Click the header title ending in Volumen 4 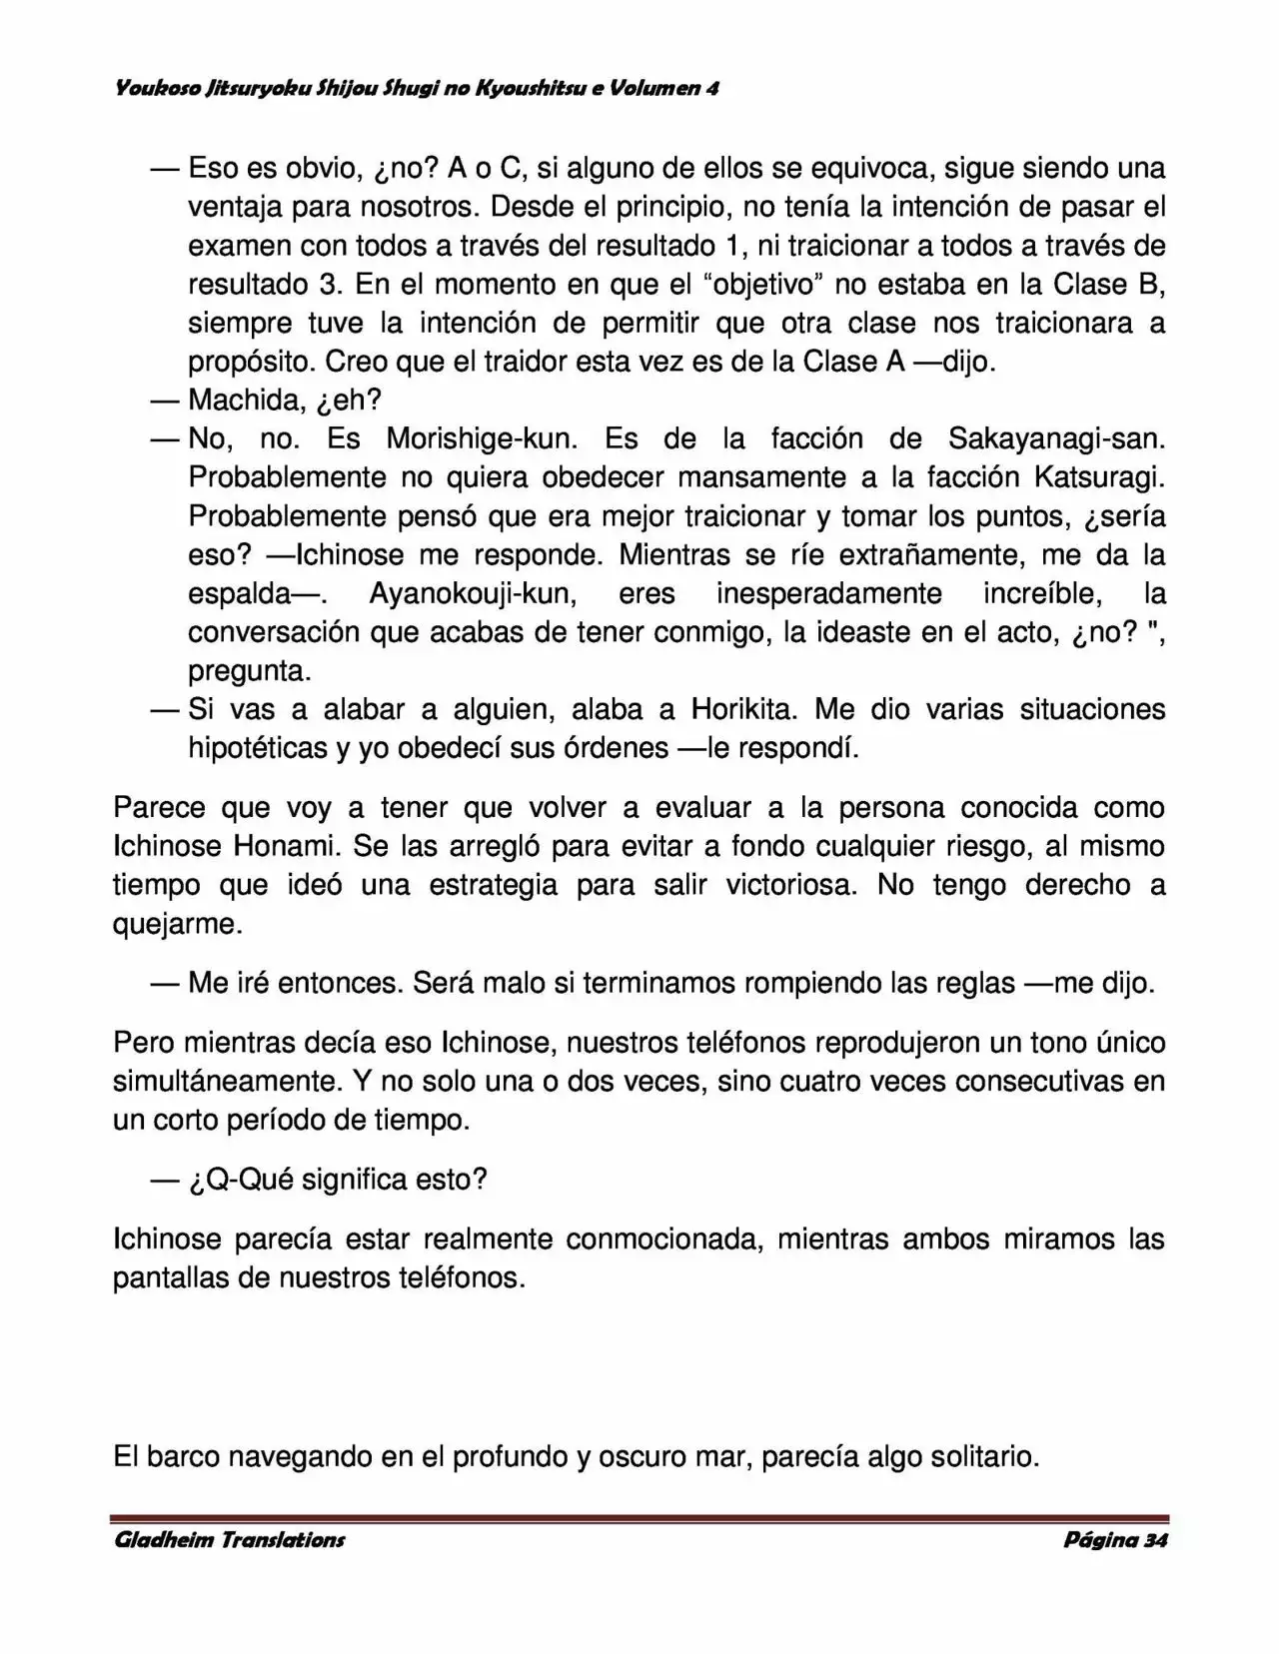(x=417, y=89)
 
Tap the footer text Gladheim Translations (x=230, y=1540)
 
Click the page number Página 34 (x=1115, y=1540)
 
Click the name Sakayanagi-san (x=1055, y=439)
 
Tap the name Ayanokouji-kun (x=473, y=593)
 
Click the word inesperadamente (x=828, y=593)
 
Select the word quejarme (x=178, y=924)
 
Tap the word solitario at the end (x=983, y=1457)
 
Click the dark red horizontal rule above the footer (x=639, y=1519)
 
